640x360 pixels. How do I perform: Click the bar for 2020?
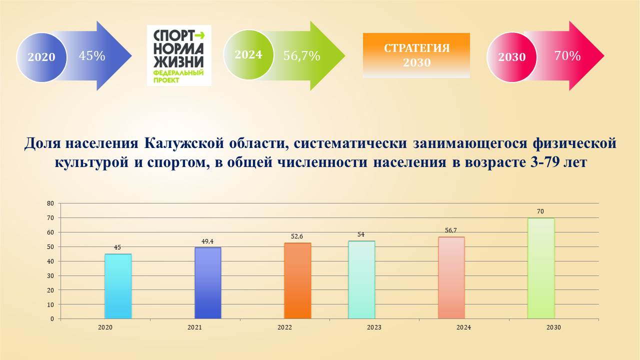point(118,286)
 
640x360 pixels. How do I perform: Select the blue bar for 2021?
point(207,283)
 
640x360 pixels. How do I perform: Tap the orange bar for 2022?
point(297,280)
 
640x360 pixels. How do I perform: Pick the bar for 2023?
point(361,279)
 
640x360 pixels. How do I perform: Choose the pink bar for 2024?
point(451,277)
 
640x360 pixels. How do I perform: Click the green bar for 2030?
point(541,268)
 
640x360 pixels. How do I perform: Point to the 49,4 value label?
point(207,241)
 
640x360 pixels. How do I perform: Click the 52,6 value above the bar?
point(297,236)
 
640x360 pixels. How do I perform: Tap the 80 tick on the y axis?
point(50,203)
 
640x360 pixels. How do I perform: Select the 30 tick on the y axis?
point(50,275)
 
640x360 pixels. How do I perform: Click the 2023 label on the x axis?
point(374,327)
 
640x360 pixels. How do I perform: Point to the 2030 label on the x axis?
point(553,327)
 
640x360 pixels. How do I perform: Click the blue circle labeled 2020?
point(41,57)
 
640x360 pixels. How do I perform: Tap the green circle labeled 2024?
point(248,54)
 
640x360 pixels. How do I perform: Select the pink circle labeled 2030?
point(512,57)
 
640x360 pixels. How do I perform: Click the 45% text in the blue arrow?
point(92,55)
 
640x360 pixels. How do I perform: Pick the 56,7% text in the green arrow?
point(301,55)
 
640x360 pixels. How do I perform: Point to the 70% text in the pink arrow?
point(567,55)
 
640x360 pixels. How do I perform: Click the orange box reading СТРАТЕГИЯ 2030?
point(416,55)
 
